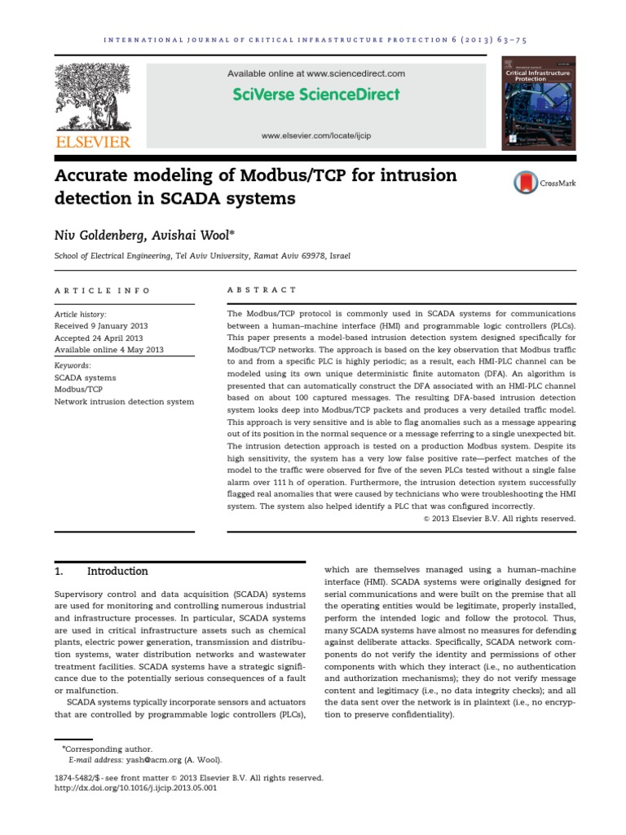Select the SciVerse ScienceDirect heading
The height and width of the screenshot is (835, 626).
[315, 95]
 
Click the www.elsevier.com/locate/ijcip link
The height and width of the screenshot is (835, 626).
[315, 136]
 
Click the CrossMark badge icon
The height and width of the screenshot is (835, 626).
[525, 183]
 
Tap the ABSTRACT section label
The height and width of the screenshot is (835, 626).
[250, 290]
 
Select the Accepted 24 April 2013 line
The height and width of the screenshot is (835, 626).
[98, 338]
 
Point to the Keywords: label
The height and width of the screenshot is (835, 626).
[73, 365]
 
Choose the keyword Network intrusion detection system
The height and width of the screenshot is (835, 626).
[124, 401]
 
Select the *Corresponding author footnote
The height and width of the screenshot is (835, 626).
[106, 748]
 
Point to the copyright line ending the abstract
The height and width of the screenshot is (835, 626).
[499, 518]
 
